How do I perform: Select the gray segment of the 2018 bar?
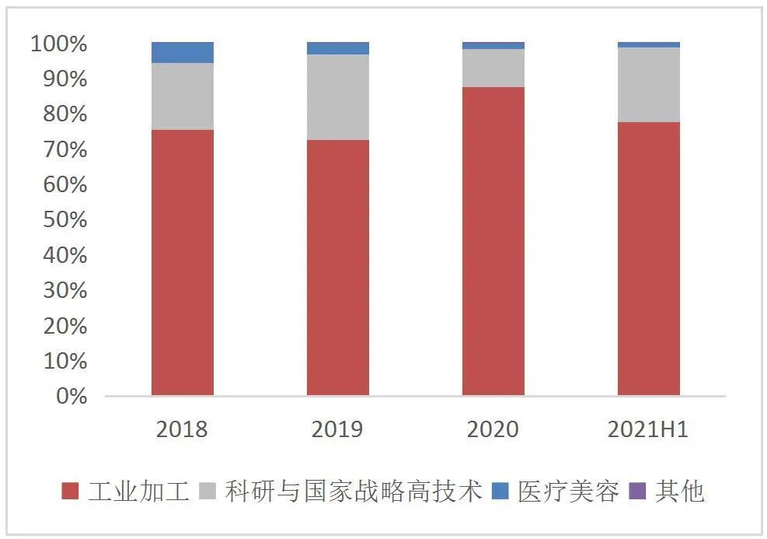pyautogui.click(x=182, y=96)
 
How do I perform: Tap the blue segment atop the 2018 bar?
pyautogui.click(x=182, y=52)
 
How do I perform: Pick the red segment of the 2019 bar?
pyautogui.click(x=337, y=268)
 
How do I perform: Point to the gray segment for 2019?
pyautogui.click(x=337, y=97)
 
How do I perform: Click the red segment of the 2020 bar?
pyautogui.click(x=493, y=241)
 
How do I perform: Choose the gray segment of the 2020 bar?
pyautogui.click(x=493, y=68)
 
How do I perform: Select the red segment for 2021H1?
pyautogui.click(x=648, y=258)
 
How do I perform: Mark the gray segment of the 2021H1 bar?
pyautogui.click(x=648, y=85)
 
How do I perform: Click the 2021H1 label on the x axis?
pyautogui.click(x=649, y=429)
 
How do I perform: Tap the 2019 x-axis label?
pyautogui.click(x=337, y=429)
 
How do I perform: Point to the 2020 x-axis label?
pyautogui.click(x=493, y=429)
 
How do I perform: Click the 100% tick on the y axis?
pyautogui.click(x=59, y=44)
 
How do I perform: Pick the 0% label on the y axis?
pyautogui.click(x=71, y=397)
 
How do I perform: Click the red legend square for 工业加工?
pyautogui.click(x=71, y=492)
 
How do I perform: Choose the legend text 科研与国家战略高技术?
pyautogui.click(x=354, y=492)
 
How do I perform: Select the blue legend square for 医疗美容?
pyautogui.click(x=500, y=492)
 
